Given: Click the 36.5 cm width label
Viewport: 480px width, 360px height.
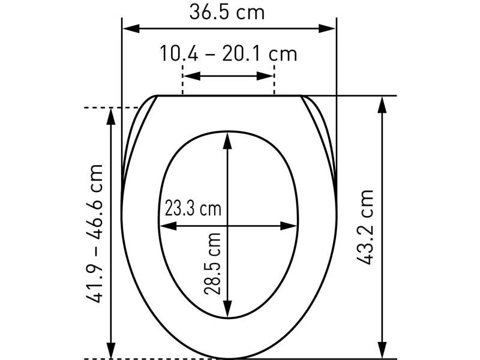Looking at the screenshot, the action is [227, 12].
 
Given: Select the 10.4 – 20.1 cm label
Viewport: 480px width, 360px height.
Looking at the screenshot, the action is [229, 53].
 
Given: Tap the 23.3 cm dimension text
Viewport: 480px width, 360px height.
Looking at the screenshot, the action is [193, 208].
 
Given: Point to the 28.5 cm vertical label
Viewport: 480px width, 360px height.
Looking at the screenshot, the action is [212, 263].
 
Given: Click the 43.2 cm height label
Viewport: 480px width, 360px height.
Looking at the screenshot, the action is [365, 227].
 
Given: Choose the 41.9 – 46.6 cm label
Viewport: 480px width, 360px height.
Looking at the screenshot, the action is [94, 234].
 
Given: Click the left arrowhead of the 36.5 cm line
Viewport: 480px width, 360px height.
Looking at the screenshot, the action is [131, 29].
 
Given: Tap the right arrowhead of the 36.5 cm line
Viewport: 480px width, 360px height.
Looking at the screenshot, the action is [327, 29].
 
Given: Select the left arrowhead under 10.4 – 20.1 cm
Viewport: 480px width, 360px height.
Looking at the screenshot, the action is [192, 76].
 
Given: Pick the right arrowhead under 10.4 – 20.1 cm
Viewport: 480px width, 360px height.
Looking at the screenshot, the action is [265, 76].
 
